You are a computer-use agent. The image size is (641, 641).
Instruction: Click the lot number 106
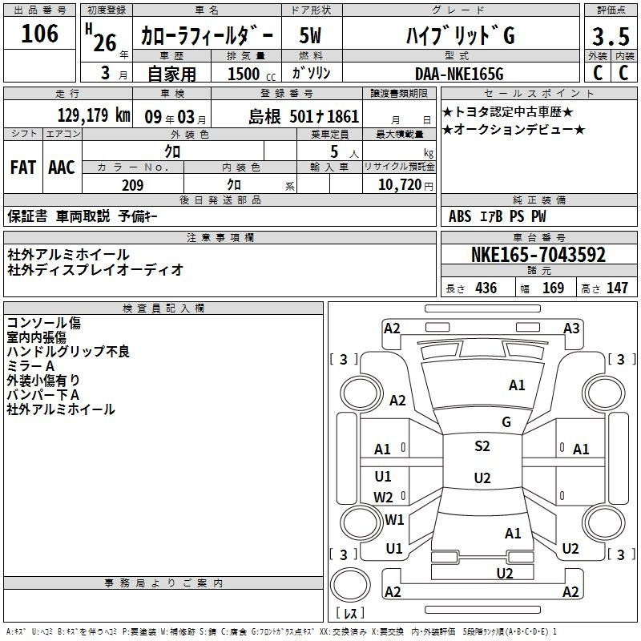coord(40,34)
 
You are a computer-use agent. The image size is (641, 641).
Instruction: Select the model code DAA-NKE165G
coord(459,74)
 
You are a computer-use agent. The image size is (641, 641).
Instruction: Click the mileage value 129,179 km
coord(94,115)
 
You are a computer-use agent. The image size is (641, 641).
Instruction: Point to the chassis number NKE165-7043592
coord(538,256)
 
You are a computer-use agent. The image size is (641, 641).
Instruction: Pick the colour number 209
coord(132,185)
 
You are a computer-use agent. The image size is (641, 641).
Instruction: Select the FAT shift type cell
coord(23,167)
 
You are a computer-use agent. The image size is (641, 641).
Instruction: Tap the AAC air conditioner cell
coord(62,167)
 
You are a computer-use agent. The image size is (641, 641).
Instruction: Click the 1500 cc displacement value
coord(245,74)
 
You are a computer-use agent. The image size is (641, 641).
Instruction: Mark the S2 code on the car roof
coord(482,446)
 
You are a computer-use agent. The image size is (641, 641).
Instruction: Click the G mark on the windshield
coord(506,422)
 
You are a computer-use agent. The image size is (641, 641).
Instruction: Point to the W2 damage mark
coord(384,497)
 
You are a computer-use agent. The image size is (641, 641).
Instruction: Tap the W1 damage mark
coord(394,520)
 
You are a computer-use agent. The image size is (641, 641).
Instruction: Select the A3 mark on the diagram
coord(571,328)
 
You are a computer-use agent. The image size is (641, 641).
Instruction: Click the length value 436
coord(486,288)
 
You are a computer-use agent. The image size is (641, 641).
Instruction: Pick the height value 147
coord(617,288)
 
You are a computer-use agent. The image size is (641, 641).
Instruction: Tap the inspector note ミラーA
coord(30,365)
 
